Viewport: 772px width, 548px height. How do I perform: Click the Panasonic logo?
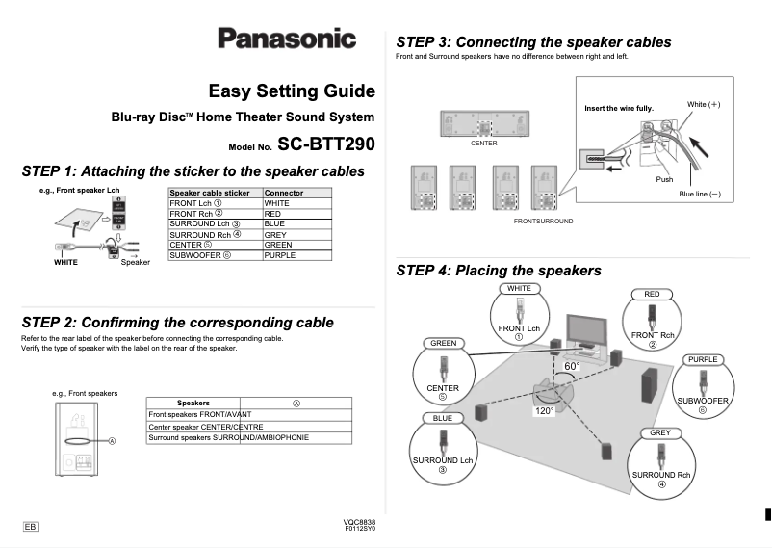coord(286,39)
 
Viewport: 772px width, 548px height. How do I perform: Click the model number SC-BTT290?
coord(325,144)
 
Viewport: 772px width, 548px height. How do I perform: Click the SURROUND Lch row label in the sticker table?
coord(204,224)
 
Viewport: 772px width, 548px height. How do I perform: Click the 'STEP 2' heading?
coord(177,322)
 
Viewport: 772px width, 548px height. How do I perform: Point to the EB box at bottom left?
coord(31,527)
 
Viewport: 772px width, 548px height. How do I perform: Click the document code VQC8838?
coord(359,522)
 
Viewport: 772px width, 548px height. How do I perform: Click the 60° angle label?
coord(572,367)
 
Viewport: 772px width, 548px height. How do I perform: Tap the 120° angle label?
coord(545,410)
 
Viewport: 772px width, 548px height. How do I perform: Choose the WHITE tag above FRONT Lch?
coord(519,288)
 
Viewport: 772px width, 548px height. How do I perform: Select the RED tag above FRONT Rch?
coord(651,293)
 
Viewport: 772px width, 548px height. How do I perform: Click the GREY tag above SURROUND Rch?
coord(660,432)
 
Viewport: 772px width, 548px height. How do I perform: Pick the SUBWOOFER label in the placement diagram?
coord(703,400)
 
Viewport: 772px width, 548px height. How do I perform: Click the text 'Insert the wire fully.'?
coord(619,108)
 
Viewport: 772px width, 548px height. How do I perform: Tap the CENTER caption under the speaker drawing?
coord(483,144)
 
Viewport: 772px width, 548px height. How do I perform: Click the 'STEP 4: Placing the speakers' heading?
coord(499,271)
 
